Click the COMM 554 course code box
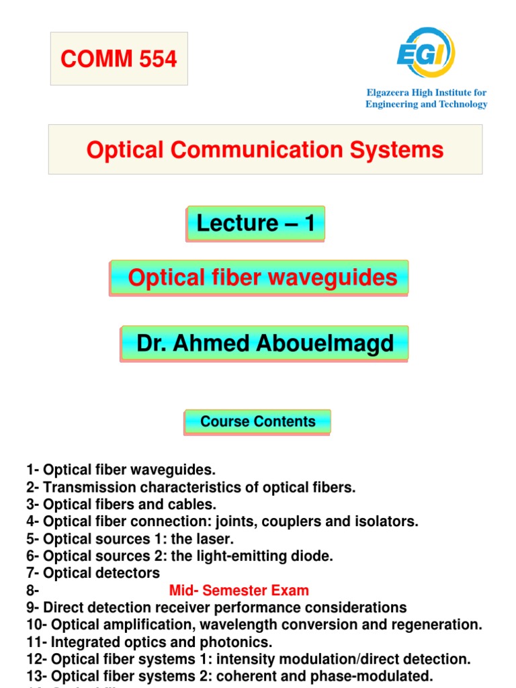tap(119, 59)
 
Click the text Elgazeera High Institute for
tap(426, 92)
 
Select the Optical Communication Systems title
tap(265, 149)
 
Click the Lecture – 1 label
tap(255, 223)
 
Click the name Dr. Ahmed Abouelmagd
tap(265, 343)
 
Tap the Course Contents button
tap(257, 422)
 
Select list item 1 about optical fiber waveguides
tap(121, 469)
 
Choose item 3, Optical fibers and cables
tap(121, 504)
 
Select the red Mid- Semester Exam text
tap(239, 591)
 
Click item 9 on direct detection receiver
tap(216, 608)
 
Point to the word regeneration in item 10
tap(439, 625)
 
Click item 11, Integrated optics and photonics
tap(149, 642)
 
